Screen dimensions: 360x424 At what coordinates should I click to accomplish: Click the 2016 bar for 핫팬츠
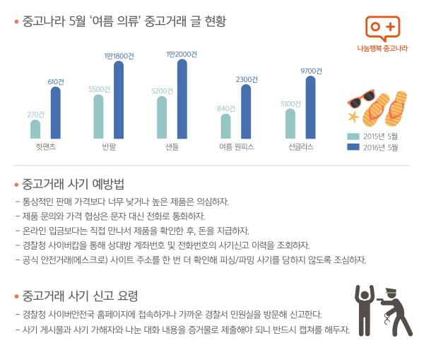[x=55, y=112]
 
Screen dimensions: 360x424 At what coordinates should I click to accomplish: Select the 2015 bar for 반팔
[x=98, y=117]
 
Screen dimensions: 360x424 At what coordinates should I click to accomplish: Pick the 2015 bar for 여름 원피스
[x=225, y=127]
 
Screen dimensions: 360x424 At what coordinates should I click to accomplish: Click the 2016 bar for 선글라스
[x=310, y=108]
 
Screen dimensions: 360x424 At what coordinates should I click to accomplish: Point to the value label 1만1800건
[x=118, y=55]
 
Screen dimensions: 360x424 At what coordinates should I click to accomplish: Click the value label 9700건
[x=310, y=71]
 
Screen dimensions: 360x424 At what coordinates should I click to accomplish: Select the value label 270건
[x=35, y=115]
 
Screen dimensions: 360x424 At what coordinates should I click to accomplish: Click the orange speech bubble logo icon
[x=383, y=28]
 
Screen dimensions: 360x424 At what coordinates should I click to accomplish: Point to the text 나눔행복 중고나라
[x=383, y=49]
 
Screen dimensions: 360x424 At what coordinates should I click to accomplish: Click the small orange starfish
[x=353, y=116]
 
